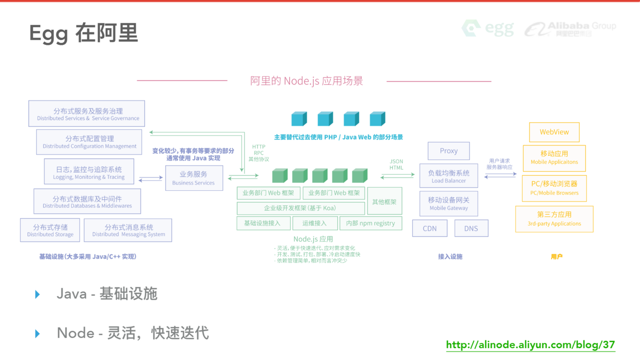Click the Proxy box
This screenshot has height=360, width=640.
click(449, 151)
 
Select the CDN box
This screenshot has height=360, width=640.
click(429, 228)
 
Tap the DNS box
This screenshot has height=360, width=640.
click(471, 228)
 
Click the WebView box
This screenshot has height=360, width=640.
click(554, 132)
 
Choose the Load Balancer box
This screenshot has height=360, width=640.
click(449, 176)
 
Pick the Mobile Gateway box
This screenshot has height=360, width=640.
click(449, 203)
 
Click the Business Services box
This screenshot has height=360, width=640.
click(194, 178)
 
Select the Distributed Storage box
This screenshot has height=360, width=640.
click(50, 230)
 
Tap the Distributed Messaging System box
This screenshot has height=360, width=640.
click(128, 230)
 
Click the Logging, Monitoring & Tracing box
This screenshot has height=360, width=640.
click(89, 172)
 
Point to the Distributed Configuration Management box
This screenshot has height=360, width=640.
click(89, 142)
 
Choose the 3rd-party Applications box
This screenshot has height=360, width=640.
click(554, 219)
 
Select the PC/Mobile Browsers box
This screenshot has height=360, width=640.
click(554, 188)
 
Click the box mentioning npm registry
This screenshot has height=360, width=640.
click(371, 223)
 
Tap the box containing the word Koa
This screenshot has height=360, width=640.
click(300, 208)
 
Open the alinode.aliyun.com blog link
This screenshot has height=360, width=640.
click(530, 345)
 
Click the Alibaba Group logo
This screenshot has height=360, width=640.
click(570, 29)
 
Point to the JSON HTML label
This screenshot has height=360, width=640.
click(396, 165)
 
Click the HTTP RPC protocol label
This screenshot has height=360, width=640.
click(259, 153)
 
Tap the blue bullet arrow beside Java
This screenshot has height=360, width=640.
click(38, 294)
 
